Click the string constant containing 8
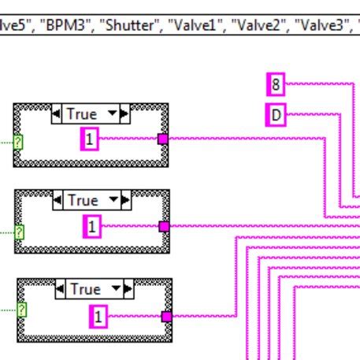point(276,82)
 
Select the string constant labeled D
point(276,115)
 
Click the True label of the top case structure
point(82,114)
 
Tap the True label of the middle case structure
point(84,201)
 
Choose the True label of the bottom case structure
point(85,289)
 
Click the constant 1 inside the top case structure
point(89,139)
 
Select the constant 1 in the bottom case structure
point(98,317)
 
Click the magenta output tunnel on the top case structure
point(163,139)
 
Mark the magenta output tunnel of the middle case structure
point(164,227)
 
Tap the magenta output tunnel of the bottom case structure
point(166,317)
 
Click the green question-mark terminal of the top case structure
point(17,143)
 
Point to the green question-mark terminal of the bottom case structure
point(21,310)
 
